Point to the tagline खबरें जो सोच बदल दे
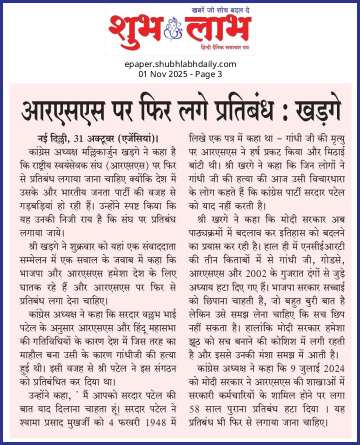point(220,9)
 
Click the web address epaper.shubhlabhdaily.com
point(180,64)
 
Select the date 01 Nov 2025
point(162,74)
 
